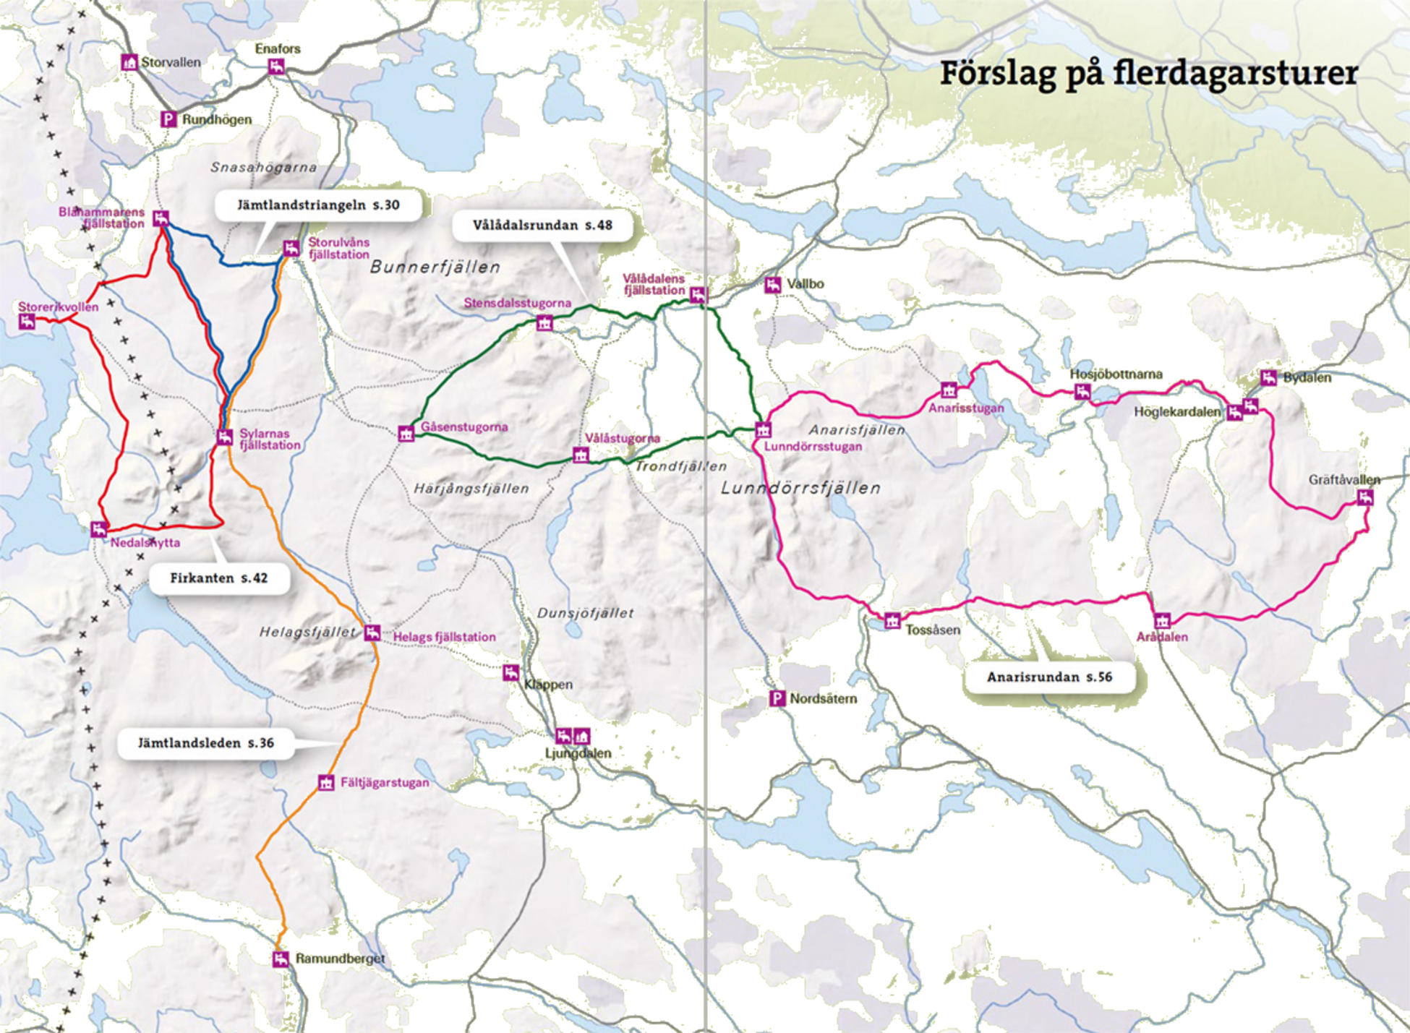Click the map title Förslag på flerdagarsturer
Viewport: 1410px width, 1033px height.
1148,74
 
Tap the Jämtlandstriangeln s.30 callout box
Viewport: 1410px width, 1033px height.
318,205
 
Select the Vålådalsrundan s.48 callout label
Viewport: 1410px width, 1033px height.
542,226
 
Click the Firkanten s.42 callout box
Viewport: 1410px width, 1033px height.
219,578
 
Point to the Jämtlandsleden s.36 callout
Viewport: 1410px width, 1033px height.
206,743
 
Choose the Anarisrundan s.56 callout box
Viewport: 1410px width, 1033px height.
1049,677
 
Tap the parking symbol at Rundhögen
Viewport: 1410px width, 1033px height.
168,119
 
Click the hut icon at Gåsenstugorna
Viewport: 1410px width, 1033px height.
406,434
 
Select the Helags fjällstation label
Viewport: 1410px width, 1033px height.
444,637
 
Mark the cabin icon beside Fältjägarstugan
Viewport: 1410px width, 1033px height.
326,782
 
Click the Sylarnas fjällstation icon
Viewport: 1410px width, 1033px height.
225,437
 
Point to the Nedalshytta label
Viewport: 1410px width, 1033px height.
145,543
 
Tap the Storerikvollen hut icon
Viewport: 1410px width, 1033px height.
27,322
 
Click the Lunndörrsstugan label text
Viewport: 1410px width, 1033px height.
813,447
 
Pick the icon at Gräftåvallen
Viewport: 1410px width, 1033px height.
1365,497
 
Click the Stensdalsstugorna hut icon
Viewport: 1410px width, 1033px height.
544,322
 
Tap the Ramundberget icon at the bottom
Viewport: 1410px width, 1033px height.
281,959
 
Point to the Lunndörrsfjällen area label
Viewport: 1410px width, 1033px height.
800,489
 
